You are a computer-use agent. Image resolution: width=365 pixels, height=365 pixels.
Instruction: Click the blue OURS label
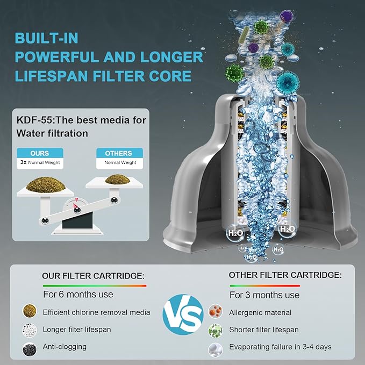click(x=40, y=153)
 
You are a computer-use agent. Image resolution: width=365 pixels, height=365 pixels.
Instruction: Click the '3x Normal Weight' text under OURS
click(x=40, y=162)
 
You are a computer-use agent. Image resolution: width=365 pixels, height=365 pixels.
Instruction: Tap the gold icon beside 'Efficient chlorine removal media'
click(x=30, y=311)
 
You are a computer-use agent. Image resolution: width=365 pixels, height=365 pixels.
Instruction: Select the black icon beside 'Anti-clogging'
click(x=30, y=348)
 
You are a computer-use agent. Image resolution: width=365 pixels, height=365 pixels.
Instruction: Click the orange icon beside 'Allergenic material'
click(x=215, y=312)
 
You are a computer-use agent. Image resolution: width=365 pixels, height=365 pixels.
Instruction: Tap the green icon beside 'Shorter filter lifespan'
click(x=215, y=330)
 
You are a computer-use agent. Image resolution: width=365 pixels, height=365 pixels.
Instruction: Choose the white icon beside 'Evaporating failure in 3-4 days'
click(x=215, y=348)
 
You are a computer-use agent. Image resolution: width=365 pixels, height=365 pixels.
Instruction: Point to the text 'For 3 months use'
click(x=264, y=295)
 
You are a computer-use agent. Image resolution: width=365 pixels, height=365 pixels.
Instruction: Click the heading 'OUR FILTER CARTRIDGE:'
click(x=93, y=276)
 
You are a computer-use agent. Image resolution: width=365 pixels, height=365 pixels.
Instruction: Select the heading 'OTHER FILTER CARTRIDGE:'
click(x=285, y=275)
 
